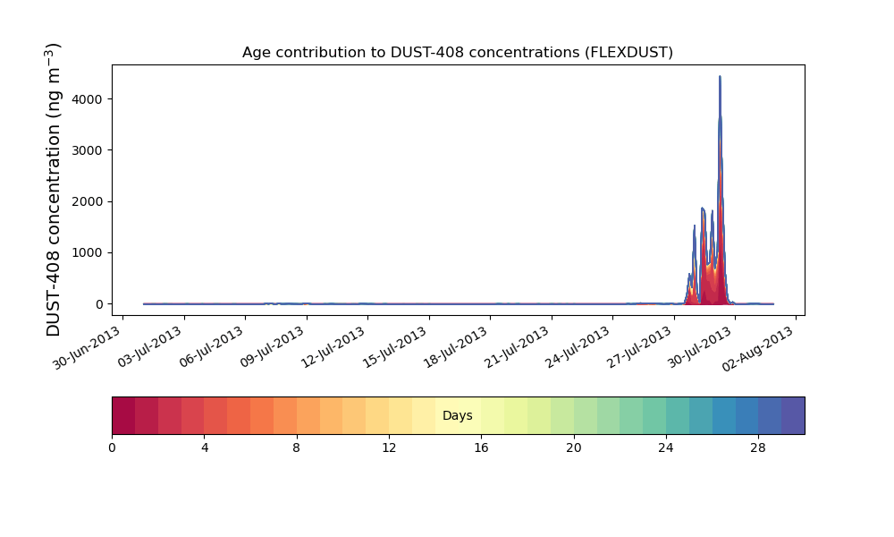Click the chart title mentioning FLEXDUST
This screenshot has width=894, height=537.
[457, 53]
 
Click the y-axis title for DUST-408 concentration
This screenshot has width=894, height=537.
[53, 190]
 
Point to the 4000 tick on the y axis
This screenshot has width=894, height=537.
[88, 99]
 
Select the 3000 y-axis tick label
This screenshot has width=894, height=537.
[88, 150]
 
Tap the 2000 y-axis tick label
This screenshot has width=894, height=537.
[88, 202]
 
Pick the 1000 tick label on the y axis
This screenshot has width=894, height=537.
[88, 252]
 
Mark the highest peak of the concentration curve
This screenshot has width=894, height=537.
[720, 76]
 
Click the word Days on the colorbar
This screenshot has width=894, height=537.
[457, 415]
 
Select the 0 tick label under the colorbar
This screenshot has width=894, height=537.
[112, 448]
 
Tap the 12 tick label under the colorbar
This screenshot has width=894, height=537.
[389, 448]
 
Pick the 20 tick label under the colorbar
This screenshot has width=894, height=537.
[574, 448]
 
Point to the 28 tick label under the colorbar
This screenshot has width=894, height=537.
[758, 448]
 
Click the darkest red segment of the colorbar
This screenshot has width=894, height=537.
[123, 415]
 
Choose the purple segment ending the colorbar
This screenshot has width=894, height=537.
[793, 415]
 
